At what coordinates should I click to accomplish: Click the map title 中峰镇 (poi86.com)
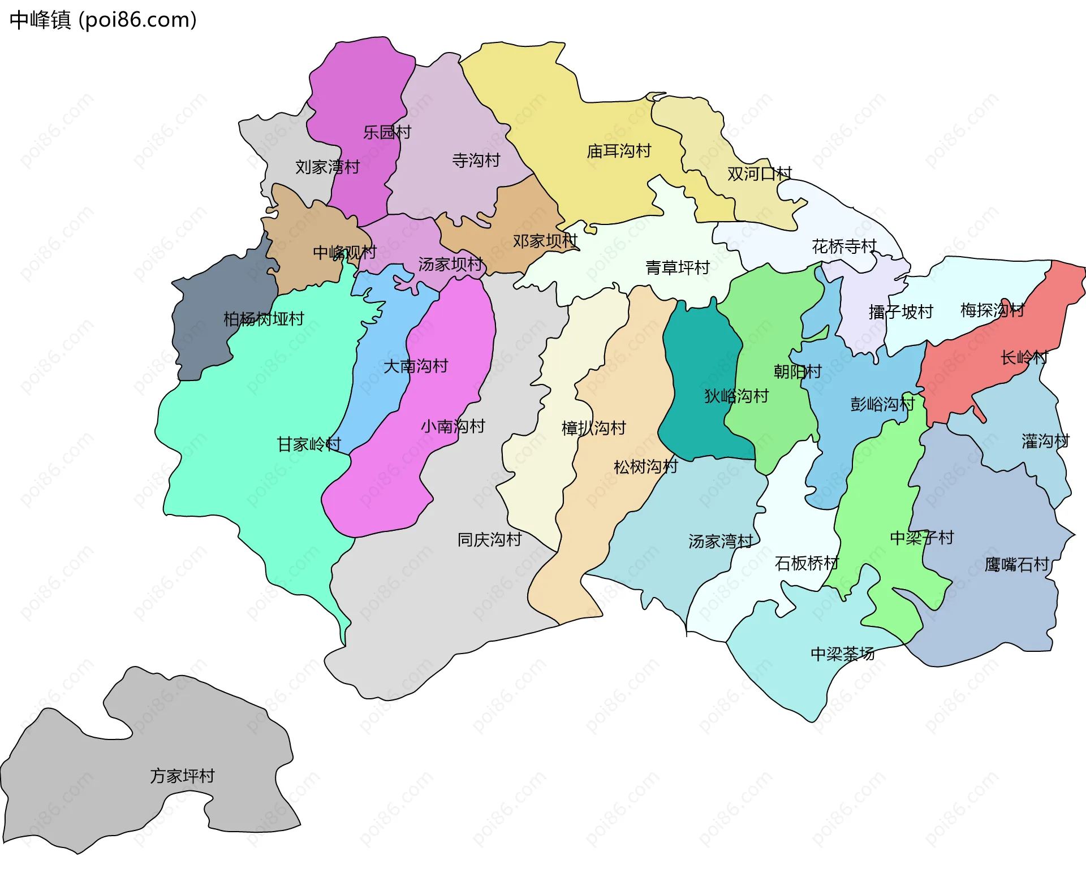pyautogui.click(x=103, y=20)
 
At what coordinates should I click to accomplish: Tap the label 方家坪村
pyautogui.click(x=182, y=776)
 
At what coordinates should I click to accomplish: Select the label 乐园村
pyautogui.click(x=387, y=132)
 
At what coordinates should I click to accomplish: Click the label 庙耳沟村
pyautogui.click(x=619, y=151)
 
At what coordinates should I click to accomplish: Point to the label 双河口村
pyautogui.click(x=759, y=174)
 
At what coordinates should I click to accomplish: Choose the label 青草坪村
pyautogui.click(x=677, y=267)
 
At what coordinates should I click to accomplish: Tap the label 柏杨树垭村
pyautogui.click(x=264, y=319)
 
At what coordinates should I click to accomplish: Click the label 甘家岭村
pyautogui.click(x=309, y=444)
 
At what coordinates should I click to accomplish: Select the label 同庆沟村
pyautogui.click(x=489, y=539)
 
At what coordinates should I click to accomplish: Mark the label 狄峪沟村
pyautogui.click(x=736, y=396)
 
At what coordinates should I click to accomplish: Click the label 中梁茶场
pyautogui.click(x=842, y=654)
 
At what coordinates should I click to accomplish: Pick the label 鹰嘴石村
pyautogui.click(x=1016, y=564)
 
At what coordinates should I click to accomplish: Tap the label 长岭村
pyautogui.click(x=1024, y=357)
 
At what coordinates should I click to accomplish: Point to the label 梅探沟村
pyautogui.click(x=992, y=310)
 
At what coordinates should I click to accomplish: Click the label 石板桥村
pyautogui.click(x=807, y=563)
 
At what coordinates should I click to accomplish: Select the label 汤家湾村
pyautogui.click(x=720, y=542)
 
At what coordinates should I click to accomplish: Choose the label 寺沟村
pyautogui.click(x=476, y=161)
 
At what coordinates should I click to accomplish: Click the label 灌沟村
pyautogui.click(x=1045, y=441)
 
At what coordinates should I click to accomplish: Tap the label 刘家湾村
pyautogui.click(x=327, y=167)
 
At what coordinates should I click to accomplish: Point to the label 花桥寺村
pyautogui.click(x=844, y=246)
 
